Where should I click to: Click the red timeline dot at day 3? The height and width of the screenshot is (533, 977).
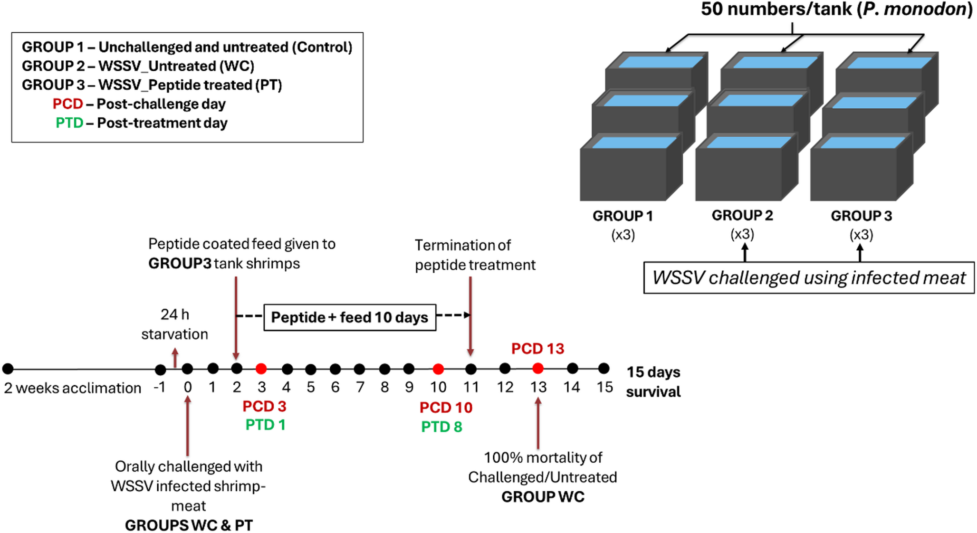pyautogui.click(x=261, y=369)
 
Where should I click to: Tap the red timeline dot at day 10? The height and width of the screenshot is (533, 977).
pyautogui.click(x=438, y=369)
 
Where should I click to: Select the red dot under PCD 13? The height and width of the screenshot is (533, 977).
pyautogui.click(x=537, y=368)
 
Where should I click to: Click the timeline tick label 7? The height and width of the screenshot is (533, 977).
pyautogui.click(x=360, y=388)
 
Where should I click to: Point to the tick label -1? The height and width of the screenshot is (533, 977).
pyautogui.click(x=160, y=388)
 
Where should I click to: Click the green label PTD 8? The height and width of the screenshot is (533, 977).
pyautogui.click(x=441, y=427)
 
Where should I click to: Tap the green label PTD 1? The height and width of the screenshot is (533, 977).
pyautogui.click(x=265, y=425)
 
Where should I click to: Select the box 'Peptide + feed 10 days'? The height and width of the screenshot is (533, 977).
pyautogui.click(x=350, y=317)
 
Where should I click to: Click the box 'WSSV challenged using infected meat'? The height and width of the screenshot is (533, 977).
pyautogui.click(x=809, y=277)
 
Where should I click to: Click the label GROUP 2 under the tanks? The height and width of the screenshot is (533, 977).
pyautogui.click(x=742, y=216)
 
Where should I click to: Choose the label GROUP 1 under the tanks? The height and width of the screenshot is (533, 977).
pyautogui.click(x=623, y=216)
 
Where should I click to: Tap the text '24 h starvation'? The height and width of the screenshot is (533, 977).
pyautogui.click(x=174, y=324)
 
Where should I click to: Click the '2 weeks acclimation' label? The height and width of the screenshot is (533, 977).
pyautogui.click(x=73, y=388)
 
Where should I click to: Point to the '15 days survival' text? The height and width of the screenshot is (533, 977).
pyautogui.click(x=653, y=382)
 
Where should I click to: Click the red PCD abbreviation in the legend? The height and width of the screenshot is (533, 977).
pyautogui.click(x=67, y=104)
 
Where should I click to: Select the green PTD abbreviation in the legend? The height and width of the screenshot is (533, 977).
pyautogui.click(x=69, y=123)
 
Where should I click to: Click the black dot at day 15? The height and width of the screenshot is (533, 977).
pyautogui.click(x=603, y=368)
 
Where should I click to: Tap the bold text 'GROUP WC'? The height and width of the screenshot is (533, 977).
pyautogui.click(x=543, y=497)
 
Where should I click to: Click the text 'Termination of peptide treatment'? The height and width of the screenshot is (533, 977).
pyautogui.click(x=475, y=255)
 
